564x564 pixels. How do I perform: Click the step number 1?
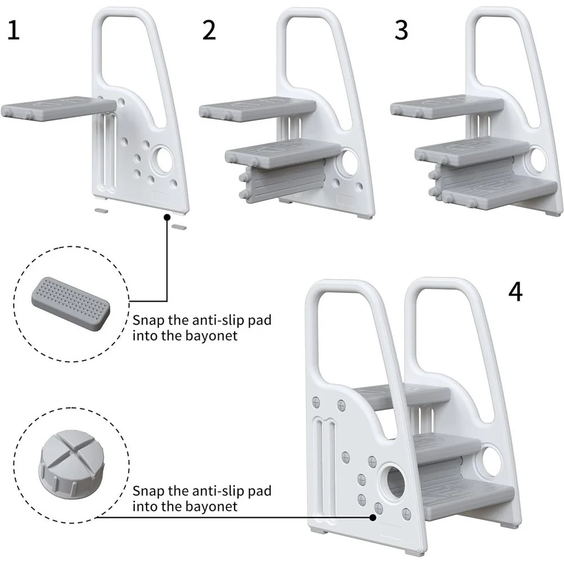14,30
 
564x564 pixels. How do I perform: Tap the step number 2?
209,30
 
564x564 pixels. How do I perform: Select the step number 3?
401,30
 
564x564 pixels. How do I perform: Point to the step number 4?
515,292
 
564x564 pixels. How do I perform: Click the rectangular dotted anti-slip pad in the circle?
71,303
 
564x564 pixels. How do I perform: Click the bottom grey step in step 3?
500,192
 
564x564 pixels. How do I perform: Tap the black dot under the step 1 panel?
167,217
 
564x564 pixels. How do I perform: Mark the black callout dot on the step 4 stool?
373,517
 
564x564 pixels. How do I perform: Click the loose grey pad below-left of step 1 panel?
101,210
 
